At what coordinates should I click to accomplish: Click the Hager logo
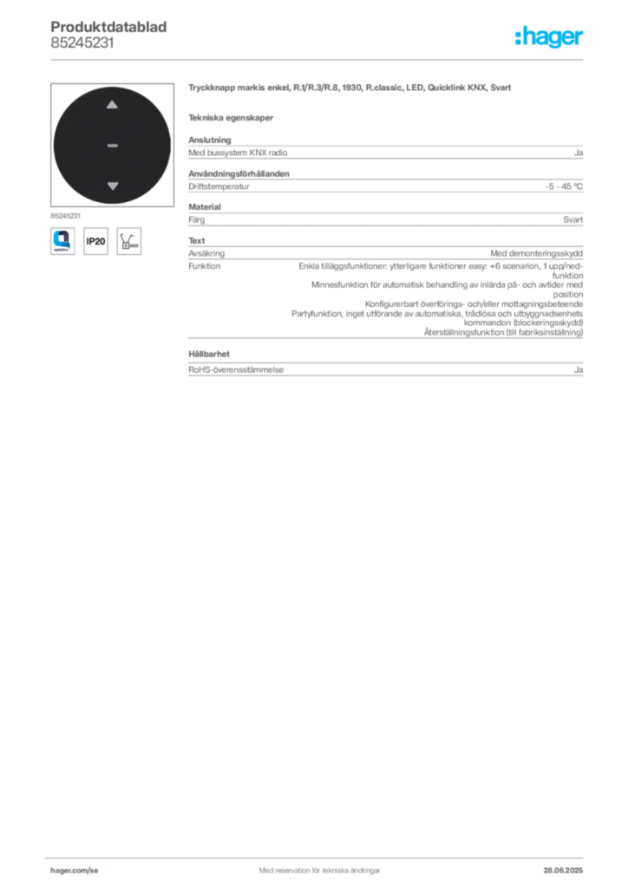click(x=548, y=36)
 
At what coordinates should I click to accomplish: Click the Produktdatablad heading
click(x=108, y=27)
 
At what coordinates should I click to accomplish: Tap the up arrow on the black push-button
click(x=112, y=104)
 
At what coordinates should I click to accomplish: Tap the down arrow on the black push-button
click(x=113, y=186)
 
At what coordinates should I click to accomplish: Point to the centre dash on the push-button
click(x=112, y=146)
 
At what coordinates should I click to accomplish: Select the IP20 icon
click(x=95, y=241)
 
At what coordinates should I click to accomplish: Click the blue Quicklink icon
click(x=62, y=241)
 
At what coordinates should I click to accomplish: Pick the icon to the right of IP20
click(x=129, y=241)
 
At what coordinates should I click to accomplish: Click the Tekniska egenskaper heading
click(x=231, y=118)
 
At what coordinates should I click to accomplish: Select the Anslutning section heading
click(x=210, y=140)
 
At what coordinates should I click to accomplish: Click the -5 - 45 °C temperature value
click(x=564, y=186)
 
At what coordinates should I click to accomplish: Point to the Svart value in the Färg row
click(x=573, y=219)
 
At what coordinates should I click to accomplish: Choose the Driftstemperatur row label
click(x=219, y=186)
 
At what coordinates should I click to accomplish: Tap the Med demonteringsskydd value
click(x=536, y=253)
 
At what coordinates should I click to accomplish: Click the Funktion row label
click(x=205, y=265)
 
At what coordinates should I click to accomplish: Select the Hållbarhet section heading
click(x=209, y=354)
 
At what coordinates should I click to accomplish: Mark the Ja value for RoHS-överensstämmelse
click(x=579, y=369)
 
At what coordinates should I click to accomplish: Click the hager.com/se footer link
click(x=75, y=871)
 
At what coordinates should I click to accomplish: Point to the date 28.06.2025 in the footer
click(x=563, y=871)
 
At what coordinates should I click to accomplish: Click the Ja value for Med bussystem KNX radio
click(x=579, y=153)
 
